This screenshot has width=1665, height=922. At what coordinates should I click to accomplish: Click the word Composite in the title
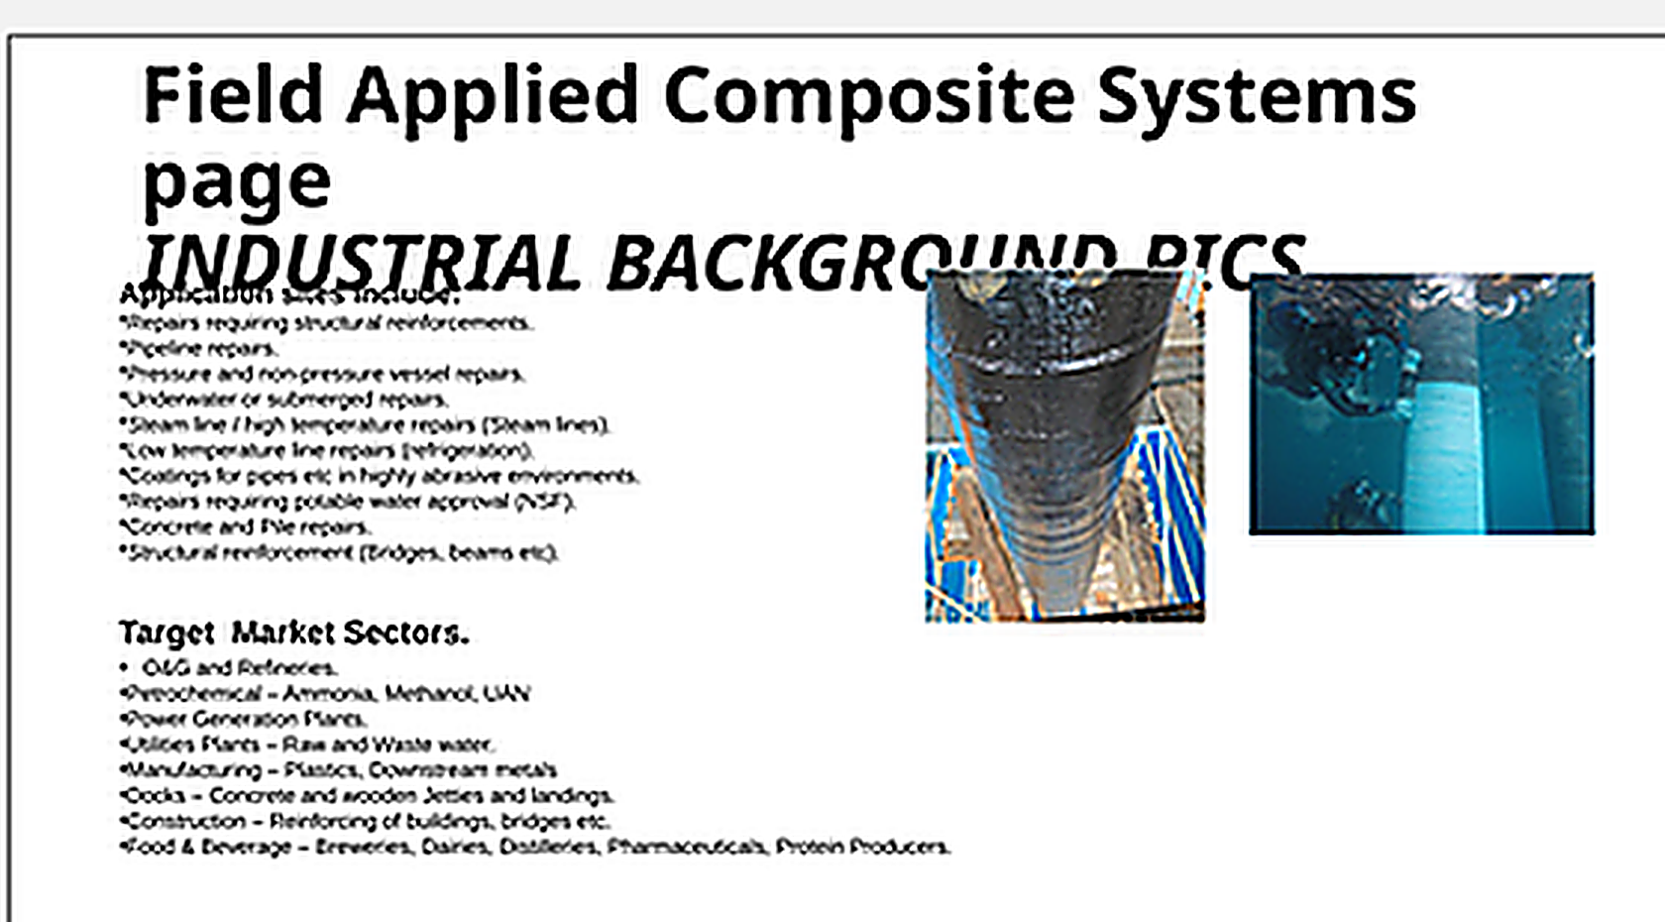point(868,96)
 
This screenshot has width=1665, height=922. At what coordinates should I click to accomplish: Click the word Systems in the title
point(1257,96)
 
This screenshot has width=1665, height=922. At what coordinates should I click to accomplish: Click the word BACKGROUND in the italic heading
point(763,264)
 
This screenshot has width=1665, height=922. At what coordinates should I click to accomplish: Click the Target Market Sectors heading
point(293,633)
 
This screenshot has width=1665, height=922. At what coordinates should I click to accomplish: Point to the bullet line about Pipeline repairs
point(200,348)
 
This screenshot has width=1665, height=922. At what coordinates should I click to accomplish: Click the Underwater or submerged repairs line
point(285,400)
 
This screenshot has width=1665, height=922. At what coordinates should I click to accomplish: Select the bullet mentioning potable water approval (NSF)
point(349,502)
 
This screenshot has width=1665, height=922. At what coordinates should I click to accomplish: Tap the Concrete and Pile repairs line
point(246,526)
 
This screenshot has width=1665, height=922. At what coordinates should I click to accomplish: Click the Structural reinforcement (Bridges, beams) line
point(340,552)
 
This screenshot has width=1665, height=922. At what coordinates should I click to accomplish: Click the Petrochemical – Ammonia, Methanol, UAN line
point(325,693)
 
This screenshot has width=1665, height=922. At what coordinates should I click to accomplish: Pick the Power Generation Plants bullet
point(244,719)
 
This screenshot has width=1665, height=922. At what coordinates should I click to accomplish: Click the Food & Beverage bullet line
point(535,847)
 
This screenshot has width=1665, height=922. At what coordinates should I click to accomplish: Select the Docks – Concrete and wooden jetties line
point(367,795)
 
